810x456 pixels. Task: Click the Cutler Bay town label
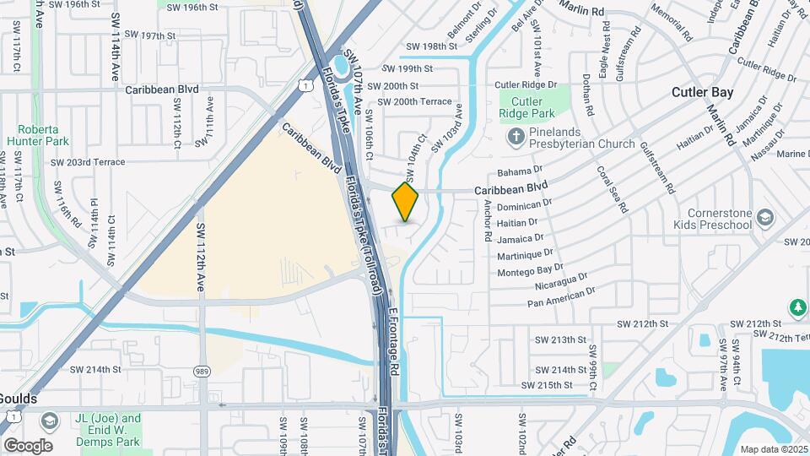coord(703,92)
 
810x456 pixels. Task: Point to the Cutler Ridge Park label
coord(521,107)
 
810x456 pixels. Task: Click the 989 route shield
coord(202,371)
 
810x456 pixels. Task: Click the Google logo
coord(28,446)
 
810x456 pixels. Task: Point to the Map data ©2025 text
coord(774,449)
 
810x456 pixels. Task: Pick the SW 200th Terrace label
coord(414,101)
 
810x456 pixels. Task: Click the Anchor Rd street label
coord(486,221)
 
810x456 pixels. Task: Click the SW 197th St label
coord(150,36)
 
